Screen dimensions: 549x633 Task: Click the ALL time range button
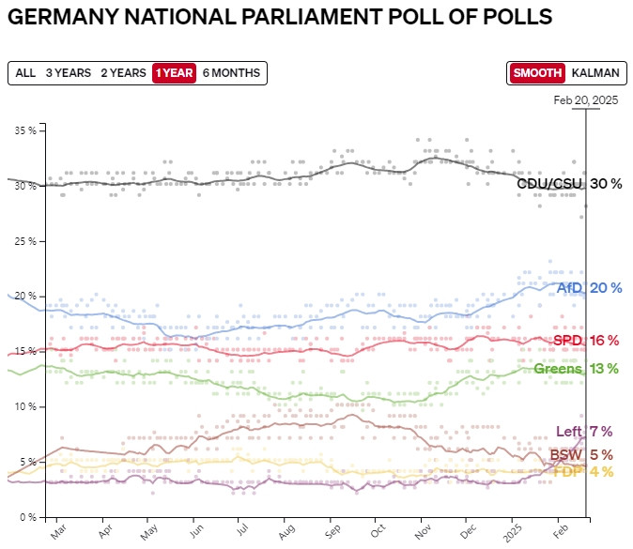coord(25,73)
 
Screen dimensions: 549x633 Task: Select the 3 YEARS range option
coord(68,73)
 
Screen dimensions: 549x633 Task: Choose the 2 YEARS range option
coord(123,73)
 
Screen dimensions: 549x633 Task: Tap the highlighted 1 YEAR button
coord(175,73)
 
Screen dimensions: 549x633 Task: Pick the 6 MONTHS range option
coord(231,73)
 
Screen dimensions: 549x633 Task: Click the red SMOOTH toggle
coord(537,73)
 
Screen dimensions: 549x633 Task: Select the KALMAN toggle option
coord(595,73)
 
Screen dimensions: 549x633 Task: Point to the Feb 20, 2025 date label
coord(585,99)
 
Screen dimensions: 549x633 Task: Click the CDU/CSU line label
coord(550,184)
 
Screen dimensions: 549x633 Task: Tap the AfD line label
coord(570,288)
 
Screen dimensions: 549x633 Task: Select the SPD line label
coord(567,340)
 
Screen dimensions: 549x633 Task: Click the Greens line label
coord(559,368)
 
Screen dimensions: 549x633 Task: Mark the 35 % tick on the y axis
coord(25,130)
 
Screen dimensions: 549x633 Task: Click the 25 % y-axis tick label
coord(25,241)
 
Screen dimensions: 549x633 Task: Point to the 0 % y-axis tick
coord(28,517)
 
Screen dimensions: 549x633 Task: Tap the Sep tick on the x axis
coord(331,530)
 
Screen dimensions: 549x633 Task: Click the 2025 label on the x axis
coord(514,532)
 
